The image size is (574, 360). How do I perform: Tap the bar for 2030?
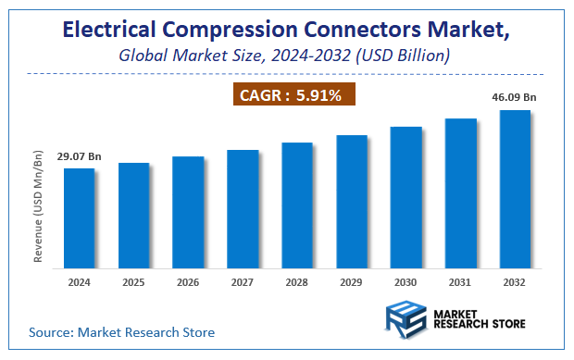click(406, 198)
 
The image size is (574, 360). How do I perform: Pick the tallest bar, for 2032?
click(515, 190)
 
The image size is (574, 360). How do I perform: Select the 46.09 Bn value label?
click(514, 95)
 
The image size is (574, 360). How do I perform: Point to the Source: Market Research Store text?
click(121, 331)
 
